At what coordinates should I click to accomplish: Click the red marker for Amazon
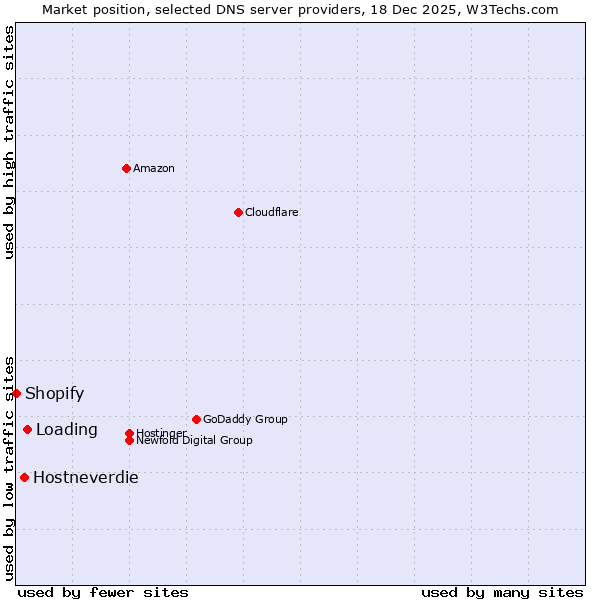point(126,168)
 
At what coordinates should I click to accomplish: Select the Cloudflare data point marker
point(238,212)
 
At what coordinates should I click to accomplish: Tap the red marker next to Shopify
point(17,393)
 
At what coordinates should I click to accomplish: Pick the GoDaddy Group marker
point(196,419)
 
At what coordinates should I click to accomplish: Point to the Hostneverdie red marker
point(24,477)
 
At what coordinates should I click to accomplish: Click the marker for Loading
point(27,429)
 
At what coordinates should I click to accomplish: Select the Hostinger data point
point(129,433)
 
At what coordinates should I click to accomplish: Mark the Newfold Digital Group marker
point(129,440)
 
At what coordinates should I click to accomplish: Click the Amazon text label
point(154,168)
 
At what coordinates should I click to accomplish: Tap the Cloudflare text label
point(272,212)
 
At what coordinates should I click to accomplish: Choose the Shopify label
point(55,393)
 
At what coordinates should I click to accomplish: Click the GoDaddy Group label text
point(245,419)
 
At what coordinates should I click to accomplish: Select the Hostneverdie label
point(86,477)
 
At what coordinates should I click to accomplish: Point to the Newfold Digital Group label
point(195,441)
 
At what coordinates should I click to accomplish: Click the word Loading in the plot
point(67,429)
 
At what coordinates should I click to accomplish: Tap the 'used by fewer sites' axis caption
point(103,592)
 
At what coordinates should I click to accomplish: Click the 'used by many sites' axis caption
point(502,592)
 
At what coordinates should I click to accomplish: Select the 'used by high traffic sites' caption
point(9,142)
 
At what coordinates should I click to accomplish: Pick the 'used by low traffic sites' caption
point(9,468)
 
